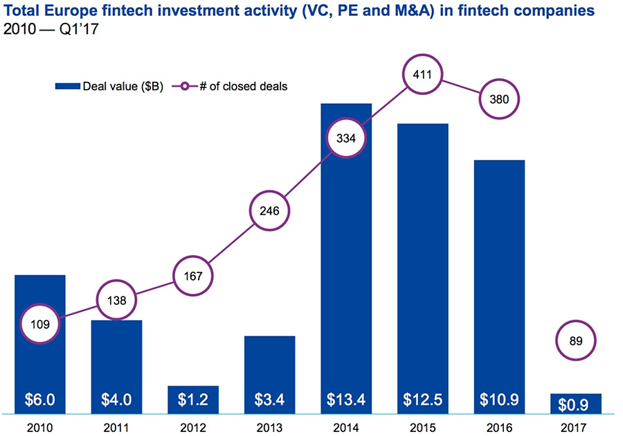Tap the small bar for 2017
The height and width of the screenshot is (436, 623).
[575, 403]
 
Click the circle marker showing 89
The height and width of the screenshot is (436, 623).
[575, 340]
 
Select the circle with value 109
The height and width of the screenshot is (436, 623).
[40, 322]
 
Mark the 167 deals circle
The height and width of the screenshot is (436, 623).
[193, 276]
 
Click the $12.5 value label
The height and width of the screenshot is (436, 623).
[422, 400]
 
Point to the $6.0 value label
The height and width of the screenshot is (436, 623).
[40, 400]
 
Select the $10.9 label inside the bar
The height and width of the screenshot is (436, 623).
[499, 400]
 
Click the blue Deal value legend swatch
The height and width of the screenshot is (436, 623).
[68, 87]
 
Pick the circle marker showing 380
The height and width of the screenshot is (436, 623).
[498, 98]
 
